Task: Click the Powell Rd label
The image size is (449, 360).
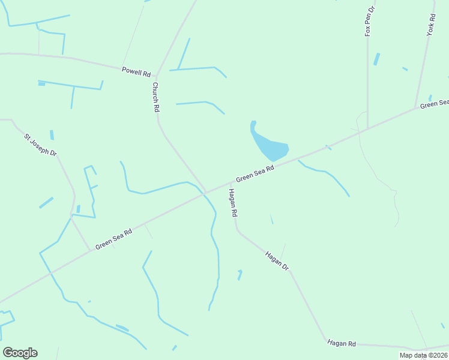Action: (x=136, y=72)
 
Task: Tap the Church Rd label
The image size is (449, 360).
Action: (x=155, y=97)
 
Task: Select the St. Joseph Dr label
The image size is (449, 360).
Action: (x=40, y=146)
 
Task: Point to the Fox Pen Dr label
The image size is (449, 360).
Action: (x=370, y=22)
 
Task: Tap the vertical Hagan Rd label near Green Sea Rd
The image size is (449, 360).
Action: (x=232, y=203)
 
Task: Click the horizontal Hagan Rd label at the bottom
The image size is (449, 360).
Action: (x=342, y=343)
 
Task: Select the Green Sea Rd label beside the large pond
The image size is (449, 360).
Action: (x=255, y=174)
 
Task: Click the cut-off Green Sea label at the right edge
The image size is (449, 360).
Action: (x=434, y=104)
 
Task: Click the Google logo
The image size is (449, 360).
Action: (x=20, y=352)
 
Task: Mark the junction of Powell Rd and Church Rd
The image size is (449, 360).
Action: (x=157, y=76)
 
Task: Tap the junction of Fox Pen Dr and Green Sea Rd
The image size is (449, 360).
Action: (x=367, y=128)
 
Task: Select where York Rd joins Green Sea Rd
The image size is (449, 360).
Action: (x=415, y=108)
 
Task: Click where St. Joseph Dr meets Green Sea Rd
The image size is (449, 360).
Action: (x=90, y=250)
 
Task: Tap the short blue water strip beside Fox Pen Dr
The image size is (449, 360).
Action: (x=376, y=59)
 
